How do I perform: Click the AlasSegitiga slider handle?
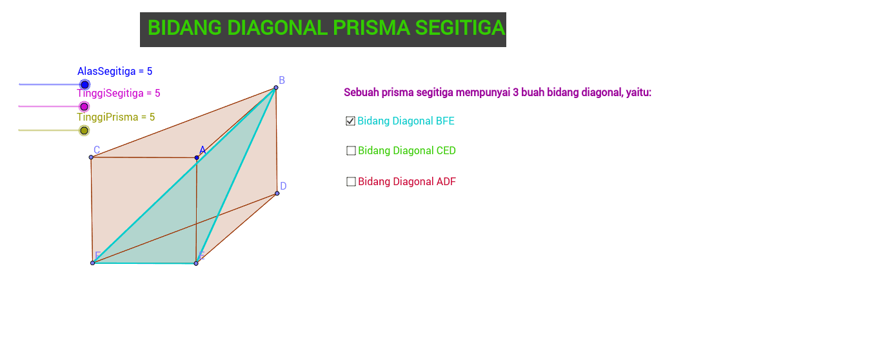(x=84, y=85)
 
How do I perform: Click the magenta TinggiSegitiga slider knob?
(x=84, y=106)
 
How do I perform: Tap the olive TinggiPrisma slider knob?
(x=84, y=130)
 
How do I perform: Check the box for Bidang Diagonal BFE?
(x=350, y=121)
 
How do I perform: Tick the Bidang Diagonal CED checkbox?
(x=351, y=151)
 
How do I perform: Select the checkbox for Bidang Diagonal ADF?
(x=351, y=181)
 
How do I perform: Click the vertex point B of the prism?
(x=276, y=88)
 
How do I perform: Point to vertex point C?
(x=91, y=157)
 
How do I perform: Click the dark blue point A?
(x=197, y=158)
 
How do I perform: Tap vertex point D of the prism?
(x=277, y=193)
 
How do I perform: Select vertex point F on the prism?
(x=93, y=263)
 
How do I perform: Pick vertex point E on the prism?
(x=196, y=263)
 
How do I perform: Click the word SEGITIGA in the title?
(x=460, y=28)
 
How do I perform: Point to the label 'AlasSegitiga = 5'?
(x=115, y=71)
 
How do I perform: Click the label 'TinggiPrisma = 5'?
(x=116, y=117)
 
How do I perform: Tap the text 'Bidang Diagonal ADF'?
(x=407, y=181)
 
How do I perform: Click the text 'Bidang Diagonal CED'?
(x=407, y=151)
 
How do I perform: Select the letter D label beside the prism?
(x=283, y=186)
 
